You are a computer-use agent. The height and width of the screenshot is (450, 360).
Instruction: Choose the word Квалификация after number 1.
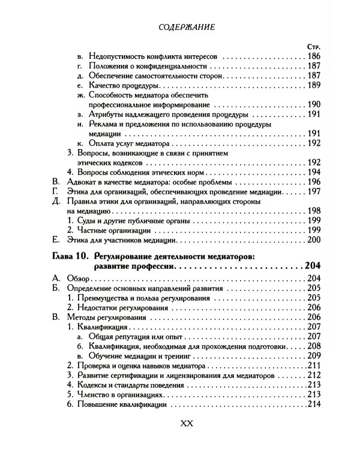(x=102, y=329)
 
